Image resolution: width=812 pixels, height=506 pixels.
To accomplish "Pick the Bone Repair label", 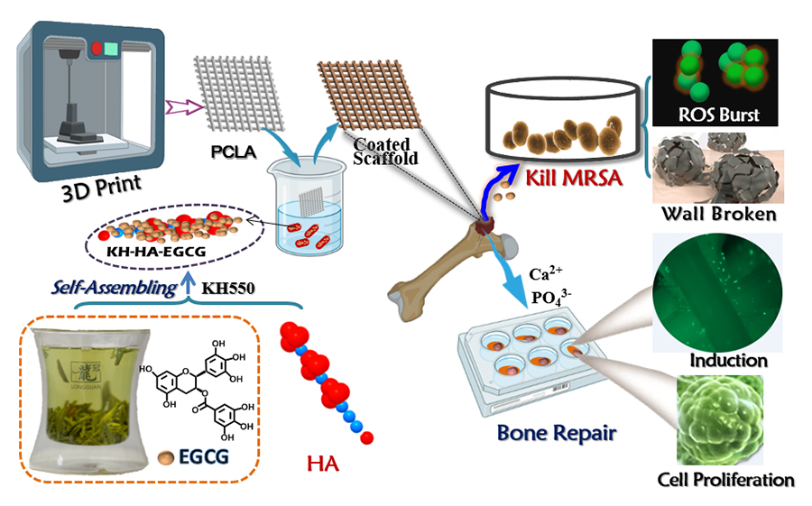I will point(557,433).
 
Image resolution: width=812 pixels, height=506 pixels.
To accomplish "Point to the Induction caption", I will point(728,361).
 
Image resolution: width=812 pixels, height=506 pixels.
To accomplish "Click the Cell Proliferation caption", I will point(726,479).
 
